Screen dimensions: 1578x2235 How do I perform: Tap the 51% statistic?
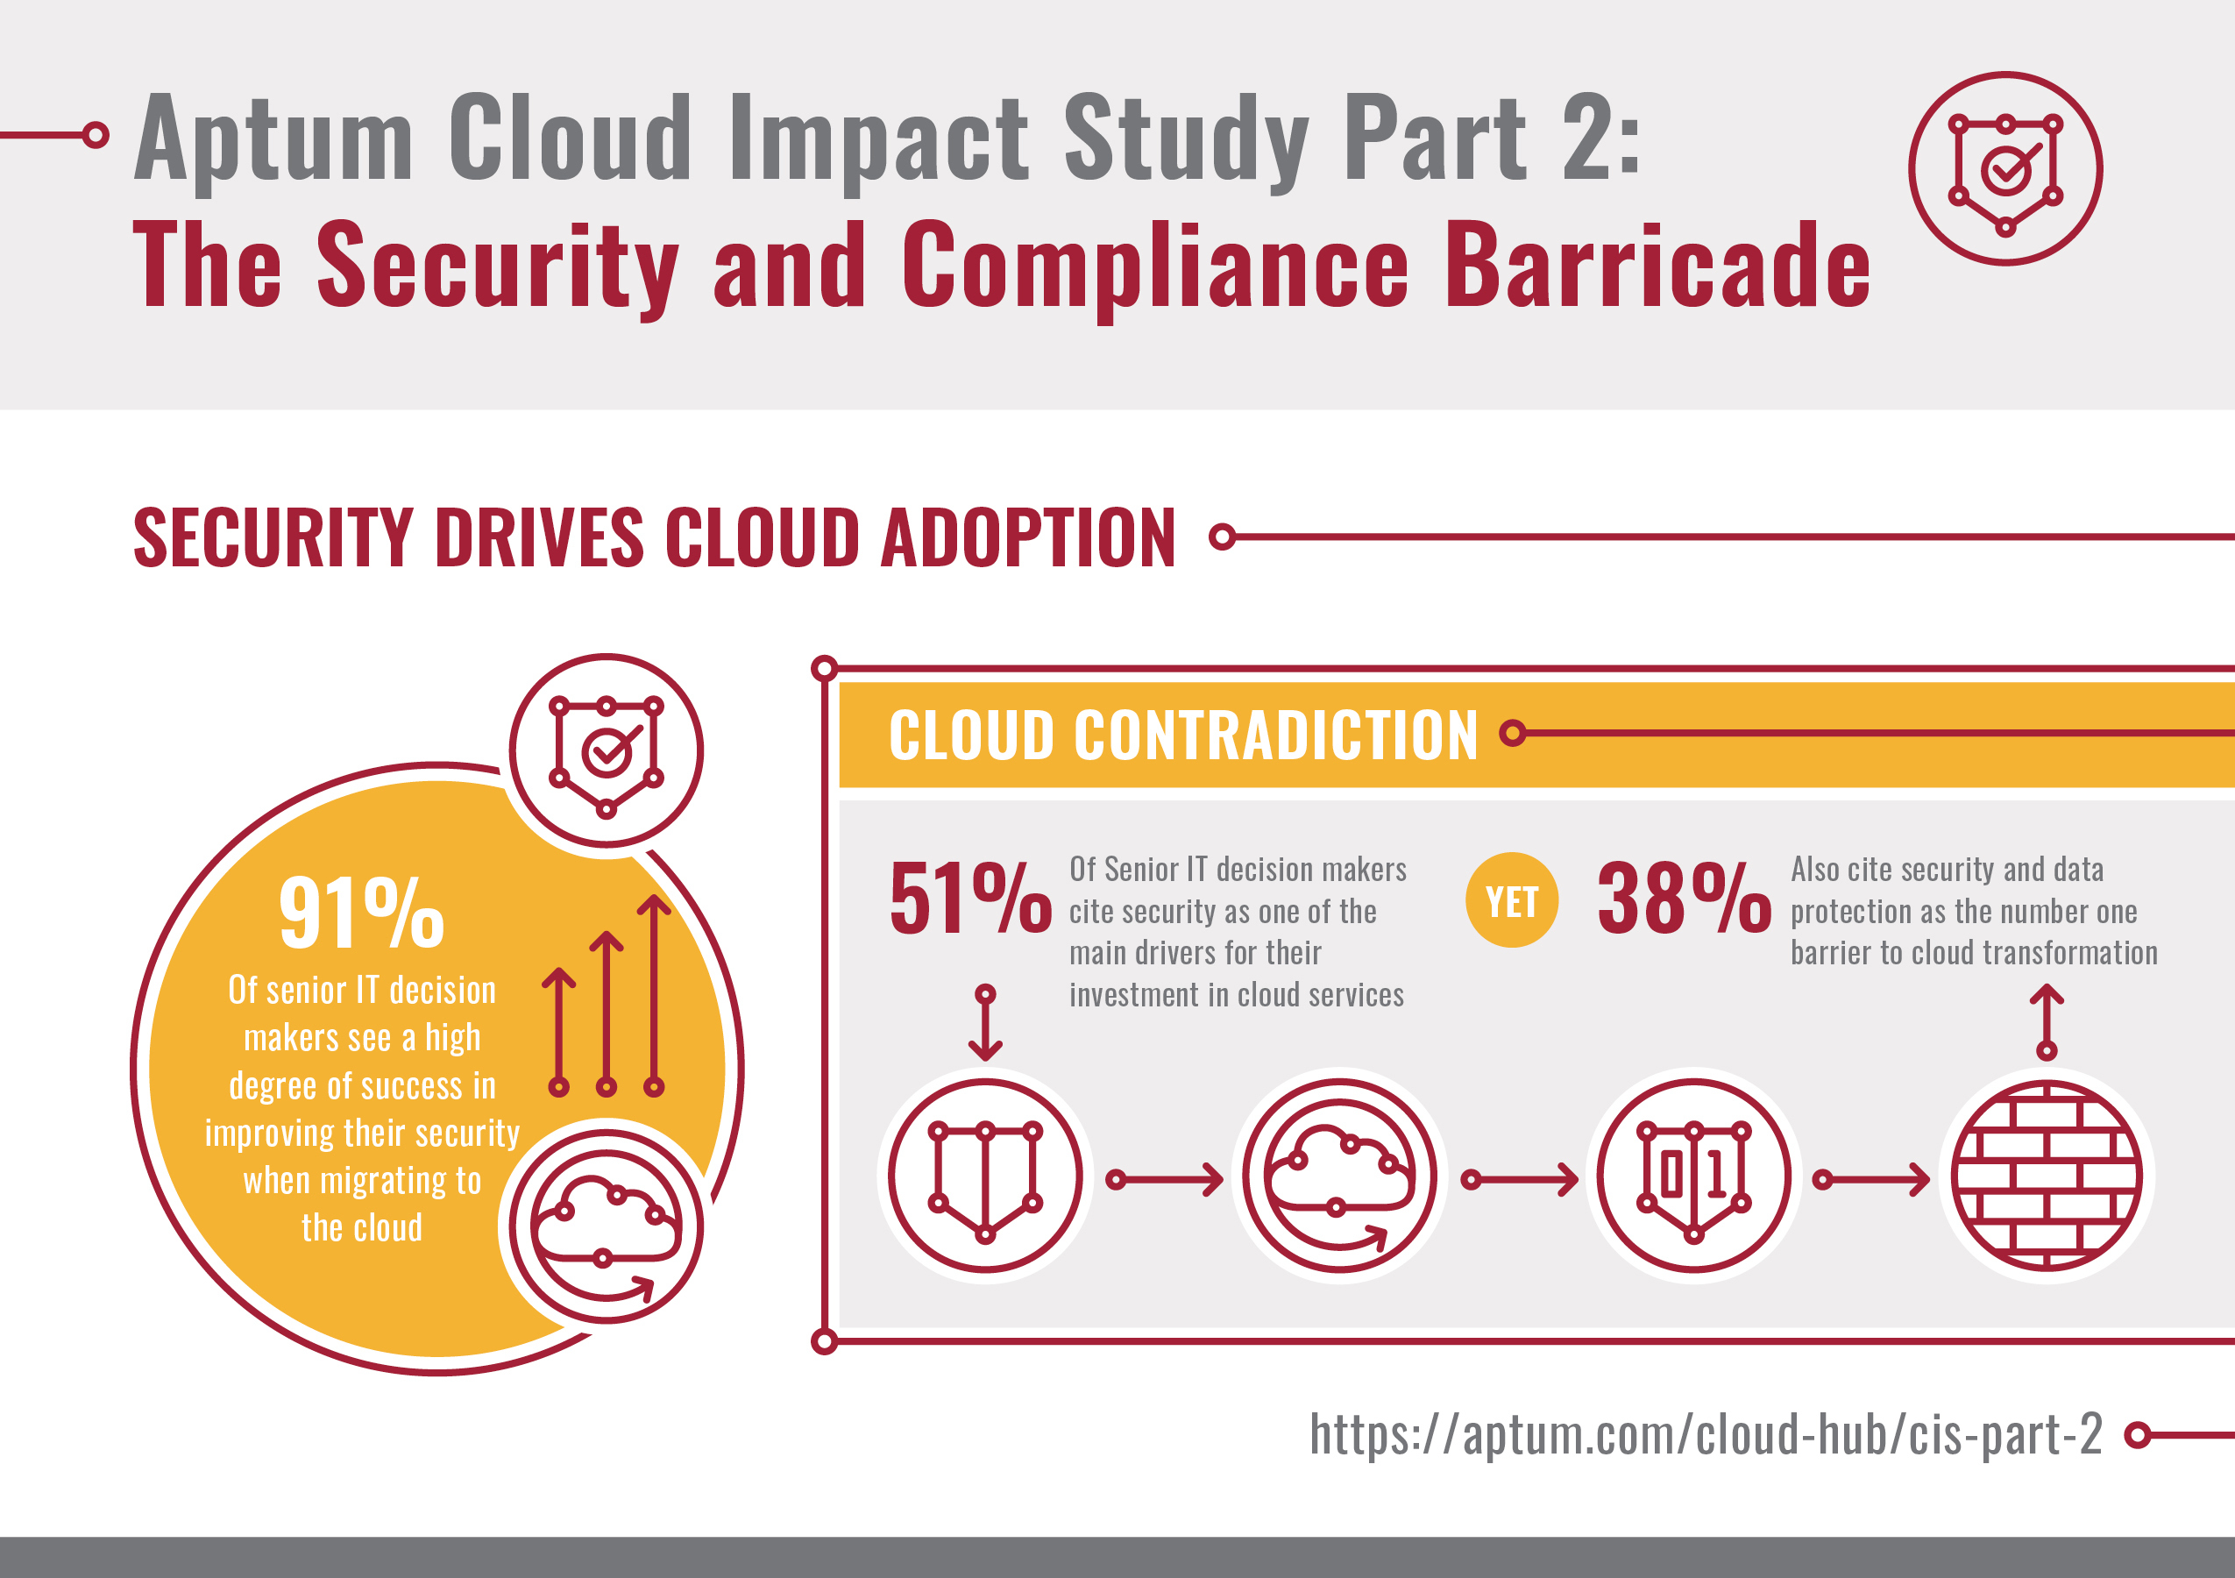click(x=969, y=899)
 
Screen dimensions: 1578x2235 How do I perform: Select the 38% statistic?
click(x=1683, y=899)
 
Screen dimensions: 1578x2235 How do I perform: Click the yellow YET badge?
click(x=1512, y=900)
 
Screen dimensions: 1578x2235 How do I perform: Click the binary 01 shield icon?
click(x=1693, y=1175)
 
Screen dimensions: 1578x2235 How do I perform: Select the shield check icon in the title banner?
click(x=2005, y=168)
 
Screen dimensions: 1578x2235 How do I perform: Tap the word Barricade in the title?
click(x=1657, y=266)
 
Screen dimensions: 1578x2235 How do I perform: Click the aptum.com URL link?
click(x=1706, y=1434)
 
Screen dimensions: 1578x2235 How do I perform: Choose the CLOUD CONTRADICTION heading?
click(x=1182, y=735)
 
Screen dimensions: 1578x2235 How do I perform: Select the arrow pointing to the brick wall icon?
click(x=1871, y=1180)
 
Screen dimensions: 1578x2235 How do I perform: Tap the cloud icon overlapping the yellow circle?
click(x=606, y=1226)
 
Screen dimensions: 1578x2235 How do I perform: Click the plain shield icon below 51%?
click(x=985, y=1175)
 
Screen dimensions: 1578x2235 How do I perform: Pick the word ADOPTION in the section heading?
click(x=1028, y=537)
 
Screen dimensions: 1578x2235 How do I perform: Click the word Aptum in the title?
click(x=274, y=139)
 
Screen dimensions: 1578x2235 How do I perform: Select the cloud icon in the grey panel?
click(x=1339, y=1175)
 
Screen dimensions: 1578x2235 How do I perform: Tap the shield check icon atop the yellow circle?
click(x=606, y=750)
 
